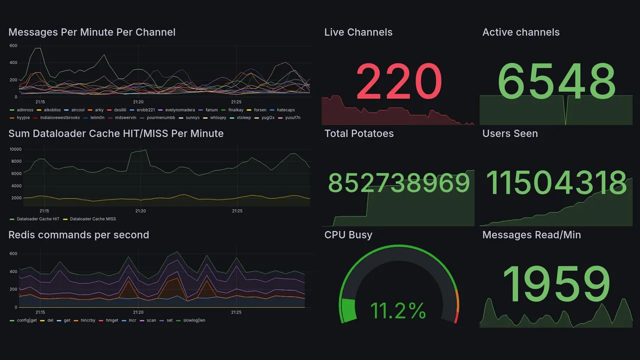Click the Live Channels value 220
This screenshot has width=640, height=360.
tap(398, 81)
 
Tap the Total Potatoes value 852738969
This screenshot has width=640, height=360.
tap(398, 183)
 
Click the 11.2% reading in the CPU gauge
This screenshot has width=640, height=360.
tap(398, 311)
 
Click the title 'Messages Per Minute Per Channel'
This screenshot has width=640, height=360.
tap(92, 32)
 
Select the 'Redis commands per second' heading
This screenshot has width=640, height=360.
tap(79, 235)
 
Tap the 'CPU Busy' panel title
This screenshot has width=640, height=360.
tap(348, 235)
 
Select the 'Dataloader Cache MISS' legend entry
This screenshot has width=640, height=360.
tap(91, 219)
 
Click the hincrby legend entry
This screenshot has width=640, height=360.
tap(87, 320)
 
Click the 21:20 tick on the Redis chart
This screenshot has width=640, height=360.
tap(138, 312)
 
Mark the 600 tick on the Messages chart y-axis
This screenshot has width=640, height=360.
tap(13, 46)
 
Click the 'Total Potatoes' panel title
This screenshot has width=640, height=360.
tap(359, 134)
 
